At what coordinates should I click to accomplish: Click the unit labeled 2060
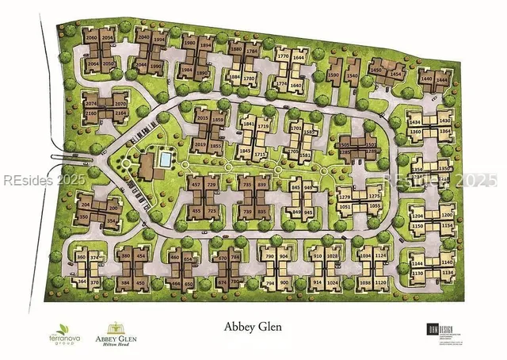point(91,38)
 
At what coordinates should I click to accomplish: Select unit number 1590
point(333,76)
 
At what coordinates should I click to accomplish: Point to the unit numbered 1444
point(444,79)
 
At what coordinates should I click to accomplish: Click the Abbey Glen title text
point(252,326)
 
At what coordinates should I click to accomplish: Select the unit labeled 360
point(81,258)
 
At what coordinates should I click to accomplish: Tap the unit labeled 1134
point(448,274)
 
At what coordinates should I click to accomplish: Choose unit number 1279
point(345,197)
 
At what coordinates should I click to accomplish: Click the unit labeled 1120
point(381,283)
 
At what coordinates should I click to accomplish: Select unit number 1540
point(353,76)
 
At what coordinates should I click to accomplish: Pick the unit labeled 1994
point(158,38)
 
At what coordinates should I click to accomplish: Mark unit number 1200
point(447,216)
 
